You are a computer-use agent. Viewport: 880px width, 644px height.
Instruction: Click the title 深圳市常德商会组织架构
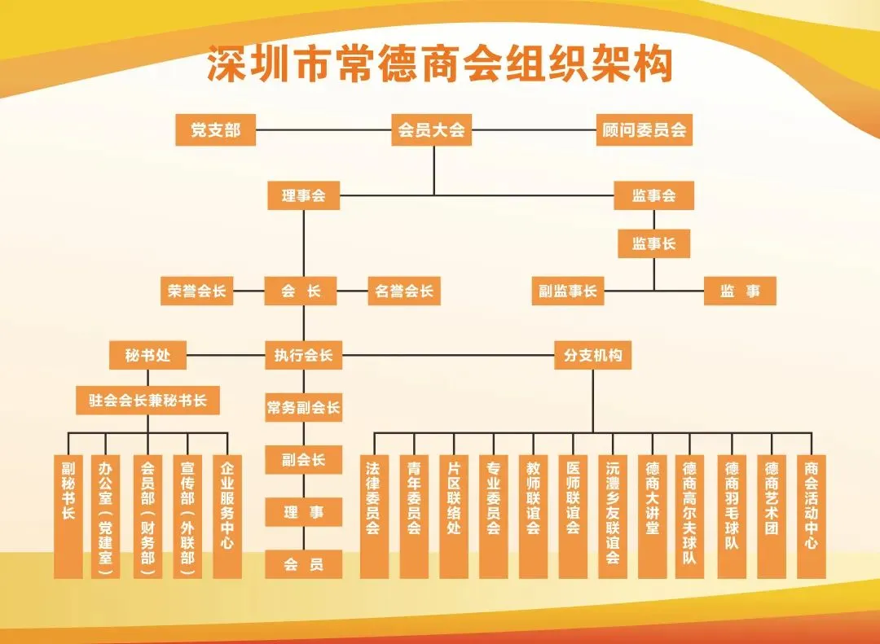pyautogui.click(x=439, y=64)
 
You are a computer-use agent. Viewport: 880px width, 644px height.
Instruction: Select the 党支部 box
pyautogui.click(x=216, y=130)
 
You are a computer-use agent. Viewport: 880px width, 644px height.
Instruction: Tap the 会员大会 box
pyautogui.click(x=432, y=130)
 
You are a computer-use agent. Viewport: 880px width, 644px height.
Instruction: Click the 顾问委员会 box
pyautogui.click(x=644, y=130)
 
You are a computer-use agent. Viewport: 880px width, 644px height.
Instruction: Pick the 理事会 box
pyautogui.click(x=303, y=195)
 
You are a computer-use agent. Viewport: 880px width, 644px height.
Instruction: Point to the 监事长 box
pyautogui.click(x=653, y=243)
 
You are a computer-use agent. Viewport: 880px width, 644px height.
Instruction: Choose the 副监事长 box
pyautogui.click(x=568, y=291)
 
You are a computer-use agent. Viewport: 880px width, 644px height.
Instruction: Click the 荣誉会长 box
pyautogui.click(x=197, y=291)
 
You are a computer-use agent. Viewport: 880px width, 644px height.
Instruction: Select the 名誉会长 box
pyautogui.click(x=404, y=291)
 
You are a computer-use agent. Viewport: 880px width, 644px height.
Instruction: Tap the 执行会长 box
pyautogui.click(x=303, y=356)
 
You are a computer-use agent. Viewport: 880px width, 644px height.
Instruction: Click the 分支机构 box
pyautogui.click(x=592, y=356)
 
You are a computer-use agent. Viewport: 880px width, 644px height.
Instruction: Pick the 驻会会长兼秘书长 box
pyautogui.click(x=148, y=401)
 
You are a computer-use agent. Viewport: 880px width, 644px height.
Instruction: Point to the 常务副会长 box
pyautogui.click(x=303, y=408)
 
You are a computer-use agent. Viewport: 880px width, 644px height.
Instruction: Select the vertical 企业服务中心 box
pyautogui.click(x=227, y=516)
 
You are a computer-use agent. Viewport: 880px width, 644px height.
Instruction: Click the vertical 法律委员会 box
pyautogui.click(x=373, y=516)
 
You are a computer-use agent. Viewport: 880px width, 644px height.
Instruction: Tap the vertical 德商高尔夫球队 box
pyautogui.click(x=690, y=516)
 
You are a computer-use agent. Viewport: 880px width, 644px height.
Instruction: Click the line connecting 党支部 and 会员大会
pyautogui.click(x=323, y=130)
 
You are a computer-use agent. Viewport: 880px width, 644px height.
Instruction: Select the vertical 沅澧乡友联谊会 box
pyautogui.click(x=613, y=516)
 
